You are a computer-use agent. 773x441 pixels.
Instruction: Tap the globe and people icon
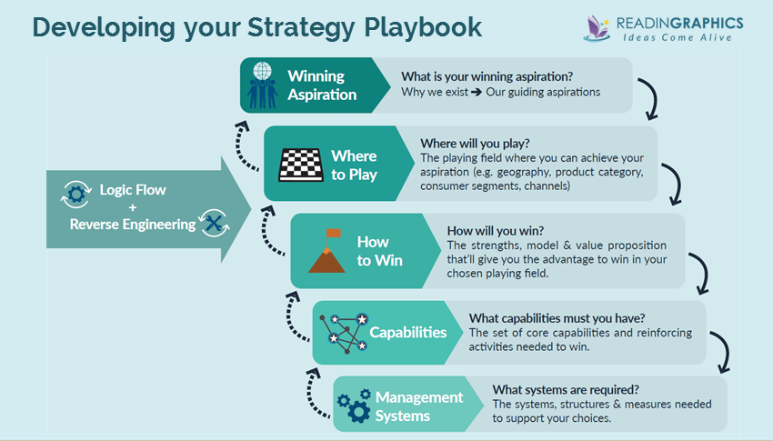pos(264,85)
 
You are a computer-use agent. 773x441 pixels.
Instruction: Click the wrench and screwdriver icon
pos(216,223)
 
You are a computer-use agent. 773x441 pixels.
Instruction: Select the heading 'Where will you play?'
pos(475,144)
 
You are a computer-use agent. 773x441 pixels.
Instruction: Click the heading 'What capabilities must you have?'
pos(556,317)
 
